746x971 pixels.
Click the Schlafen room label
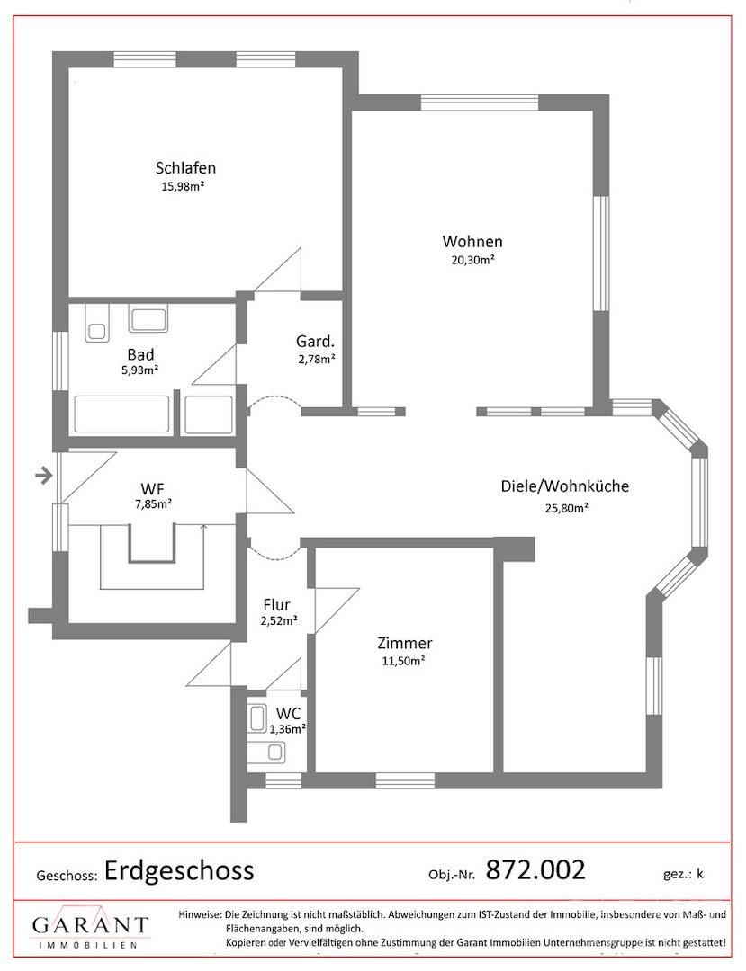click(185, 168)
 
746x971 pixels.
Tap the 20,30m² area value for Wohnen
click(472, 260)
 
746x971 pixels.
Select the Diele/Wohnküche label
click(564, 486)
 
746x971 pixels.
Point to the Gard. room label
click(315, 342)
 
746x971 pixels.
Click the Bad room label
click(140, 355)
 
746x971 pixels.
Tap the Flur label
click(276, 604)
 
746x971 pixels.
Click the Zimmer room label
click(405, 644)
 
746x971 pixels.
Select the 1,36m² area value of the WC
click(288, 729)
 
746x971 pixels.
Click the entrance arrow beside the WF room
click(43, 476)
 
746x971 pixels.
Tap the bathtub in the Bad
click(122, 414)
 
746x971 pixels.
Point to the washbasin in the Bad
click(148, 319)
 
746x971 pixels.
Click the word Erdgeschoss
click(179, 870)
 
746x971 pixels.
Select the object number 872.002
click(535, 869)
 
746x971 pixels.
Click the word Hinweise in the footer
click(199, 914)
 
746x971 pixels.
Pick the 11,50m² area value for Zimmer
click(403, 661)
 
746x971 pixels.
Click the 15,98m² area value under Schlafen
click(184, 186)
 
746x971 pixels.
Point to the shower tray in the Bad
click(209, 414)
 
